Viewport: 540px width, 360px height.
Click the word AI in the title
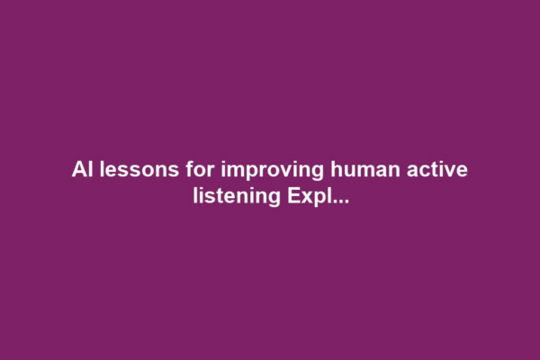tap(81, 170)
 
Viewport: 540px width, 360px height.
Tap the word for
tap(187, 170)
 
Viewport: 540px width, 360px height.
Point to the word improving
tap(250, 171)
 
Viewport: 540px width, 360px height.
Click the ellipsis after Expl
tap(338, 199)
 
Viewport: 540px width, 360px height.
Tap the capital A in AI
tap(77, 170)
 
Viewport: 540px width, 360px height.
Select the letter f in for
tap(176, 170)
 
